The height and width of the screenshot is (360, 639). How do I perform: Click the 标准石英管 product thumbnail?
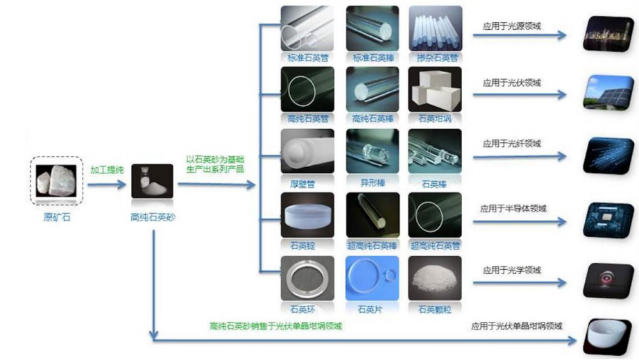click(x=307, y=28)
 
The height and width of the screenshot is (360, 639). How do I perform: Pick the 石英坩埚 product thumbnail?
click(x=435, y=89)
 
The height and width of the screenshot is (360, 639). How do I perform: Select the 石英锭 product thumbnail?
click(x=307, y=214)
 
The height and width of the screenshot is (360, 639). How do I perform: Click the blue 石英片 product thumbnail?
click(x=372, y=277)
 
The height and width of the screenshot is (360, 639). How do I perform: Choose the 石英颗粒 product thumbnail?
click(x=435, y=277)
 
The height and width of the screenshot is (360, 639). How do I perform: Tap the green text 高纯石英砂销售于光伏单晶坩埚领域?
click(x=276, y=325)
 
